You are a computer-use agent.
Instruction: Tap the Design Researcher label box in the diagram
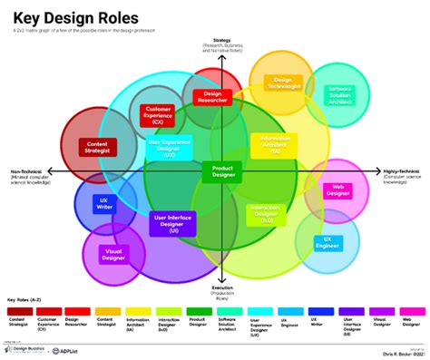tap(213, 96)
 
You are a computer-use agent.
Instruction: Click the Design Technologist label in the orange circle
tap(283, 82)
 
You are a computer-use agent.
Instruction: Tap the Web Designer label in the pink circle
tap(337, 190)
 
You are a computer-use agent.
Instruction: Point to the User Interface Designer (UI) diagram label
tap(171, 222)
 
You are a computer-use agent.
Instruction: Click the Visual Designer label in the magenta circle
tap(115, 255)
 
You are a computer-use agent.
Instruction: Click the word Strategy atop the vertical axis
tap(221, 41)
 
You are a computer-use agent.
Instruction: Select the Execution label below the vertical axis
tap(222, 287)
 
